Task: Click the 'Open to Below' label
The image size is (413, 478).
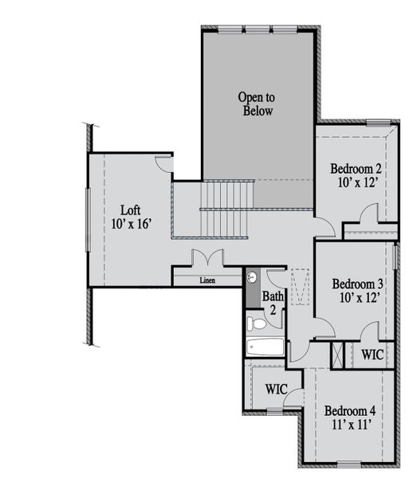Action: pos(257,104)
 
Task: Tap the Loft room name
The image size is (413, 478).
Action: pos(131,210)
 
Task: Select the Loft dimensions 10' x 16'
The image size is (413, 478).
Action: pos(132,224)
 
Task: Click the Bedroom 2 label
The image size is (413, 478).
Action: pos(356,169)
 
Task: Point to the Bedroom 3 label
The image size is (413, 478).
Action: pos(357,284)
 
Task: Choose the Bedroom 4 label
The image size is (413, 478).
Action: pos(350,410)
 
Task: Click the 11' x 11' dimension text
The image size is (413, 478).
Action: pos(352,425)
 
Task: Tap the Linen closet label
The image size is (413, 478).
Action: pos(207,280)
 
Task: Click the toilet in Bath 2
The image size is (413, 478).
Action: pos(256,323)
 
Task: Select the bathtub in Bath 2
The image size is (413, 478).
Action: pos(265,347)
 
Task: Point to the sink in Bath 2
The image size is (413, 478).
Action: pos(252,277)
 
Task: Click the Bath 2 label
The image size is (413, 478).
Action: pos(273,303)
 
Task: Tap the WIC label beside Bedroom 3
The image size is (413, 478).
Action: pos(372,355)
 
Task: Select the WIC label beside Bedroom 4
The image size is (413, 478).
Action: pos(277,389)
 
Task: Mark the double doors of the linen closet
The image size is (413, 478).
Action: pos(207,257)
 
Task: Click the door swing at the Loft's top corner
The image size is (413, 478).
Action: pos(163,165)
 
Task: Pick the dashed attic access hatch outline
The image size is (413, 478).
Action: pos(300,287)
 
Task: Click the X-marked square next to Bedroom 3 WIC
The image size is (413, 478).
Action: pos(337,355)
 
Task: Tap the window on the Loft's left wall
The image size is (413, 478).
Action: pos(88,220)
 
